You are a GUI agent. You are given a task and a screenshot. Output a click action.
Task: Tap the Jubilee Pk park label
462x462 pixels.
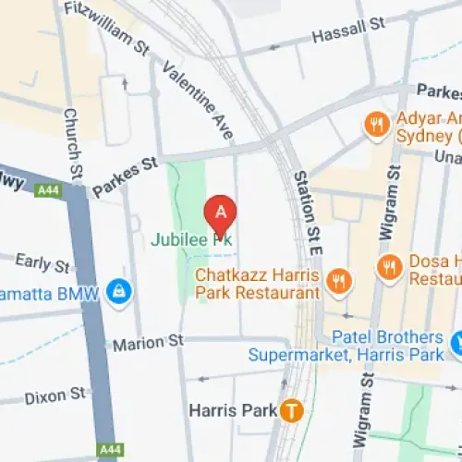(191, 239)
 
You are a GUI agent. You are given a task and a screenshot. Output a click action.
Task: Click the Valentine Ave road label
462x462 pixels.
(197, 99)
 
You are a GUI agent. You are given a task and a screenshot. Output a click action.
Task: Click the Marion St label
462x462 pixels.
(148, 344)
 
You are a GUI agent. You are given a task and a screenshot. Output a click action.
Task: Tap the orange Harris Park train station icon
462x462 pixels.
(294, 409)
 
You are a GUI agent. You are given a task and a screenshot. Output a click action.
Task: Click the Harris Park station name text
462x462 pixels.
(233, 409)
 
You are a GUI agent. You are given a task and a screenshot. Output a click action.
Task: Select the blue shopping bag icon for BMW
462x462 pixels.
(118, 292)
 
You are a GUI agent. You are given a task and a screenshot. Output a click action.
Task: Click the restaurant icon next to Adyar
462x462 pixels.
(376, 125)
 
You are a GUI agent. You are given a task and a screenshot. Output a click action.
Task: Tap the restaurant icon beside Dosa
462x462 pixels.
(389, 268)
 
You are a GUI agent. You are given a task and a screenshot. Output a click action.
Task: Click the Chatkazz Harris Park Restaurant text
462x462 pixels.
(257, 283)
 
